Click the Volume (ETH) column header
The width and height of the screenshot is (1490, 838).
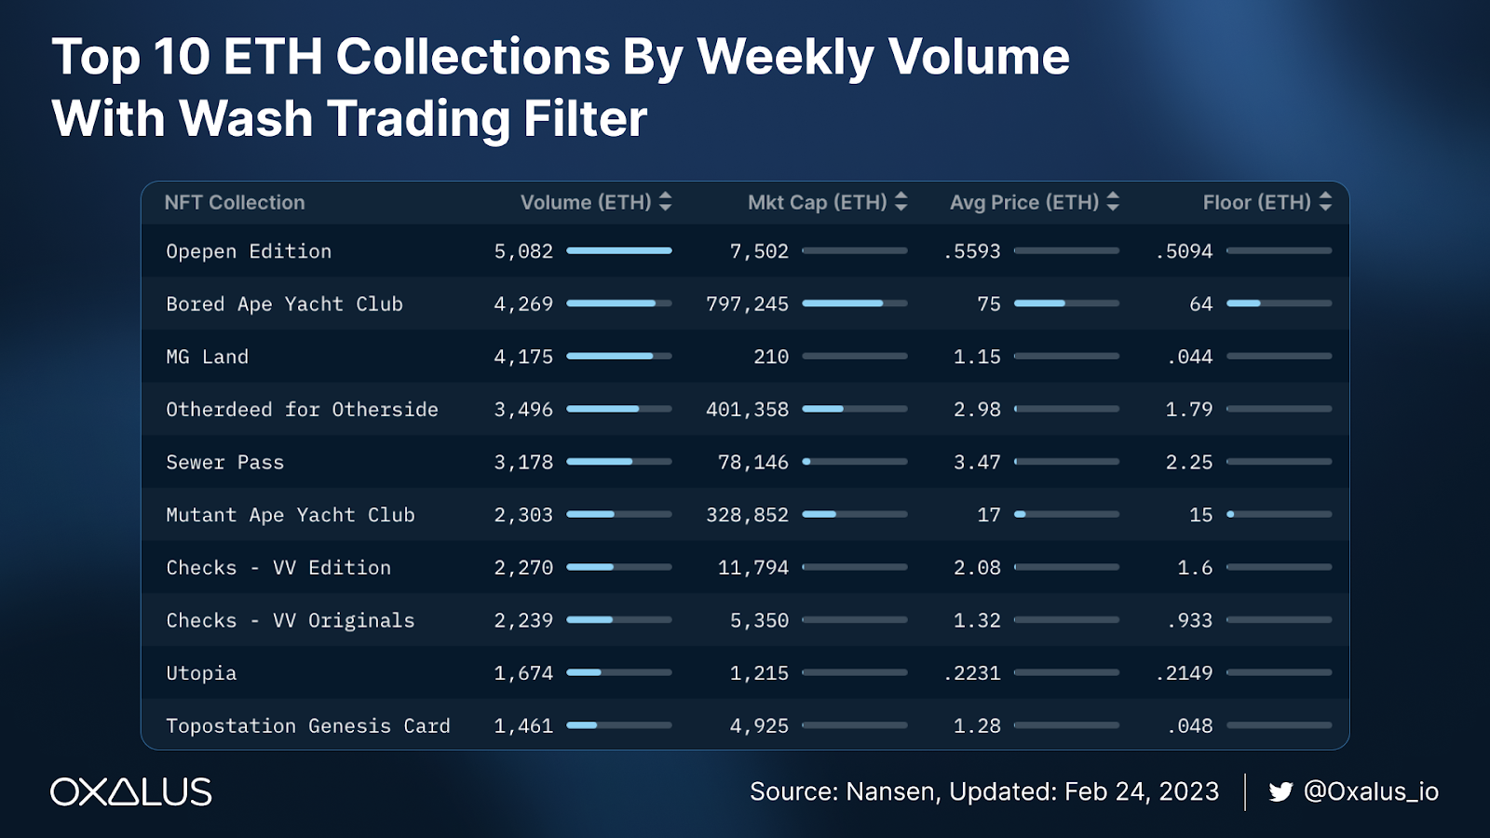point(586,202)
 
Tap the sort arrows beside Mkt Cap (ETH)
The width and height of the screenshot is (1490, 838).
point(901,201)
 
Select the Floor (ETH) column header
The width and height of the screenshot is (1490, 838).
point(1256,202)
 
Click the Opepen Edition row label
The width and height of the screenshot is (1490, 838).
point(249,251)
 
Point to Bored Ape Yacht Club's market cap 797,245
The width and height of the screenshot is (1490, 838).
point(747,304)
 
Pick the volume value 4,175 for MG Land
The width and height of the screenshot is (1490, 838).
point(523,357)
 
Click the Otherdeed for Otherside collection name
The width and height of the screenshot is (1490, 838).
point(302,410)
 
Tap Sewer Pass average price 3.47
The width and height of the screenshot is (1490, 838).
point(977,463)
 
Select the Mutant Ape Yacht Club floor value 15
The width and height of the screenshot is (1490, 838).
point(1200,515)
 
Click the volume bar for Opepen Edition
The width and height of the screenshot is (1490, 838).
point(618,250)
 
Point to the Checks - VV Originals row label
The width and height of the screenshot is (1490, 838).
point(291,621)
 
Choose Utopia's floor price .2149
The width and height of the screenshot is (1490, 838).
point(1184,673)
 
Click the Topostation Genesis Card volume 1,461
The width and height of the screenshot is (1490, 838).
point(523,726)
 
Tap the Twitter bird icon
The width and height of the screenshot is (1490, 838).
point(1280,791)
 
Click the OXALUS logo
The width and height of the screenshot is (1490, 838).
point(131,791)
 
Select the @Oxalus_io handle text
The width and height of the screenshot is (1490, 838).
point(1371,791)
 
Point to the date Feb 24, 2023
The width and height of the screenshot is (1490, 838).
point(1142,791)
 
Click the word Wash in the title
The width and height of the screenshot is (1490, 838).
point(246,119)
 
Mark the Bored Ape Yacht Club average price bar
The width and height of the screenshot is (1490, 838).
point(1066,304)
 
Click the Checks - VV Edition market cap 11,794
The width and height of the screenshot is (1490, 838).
point(752,568)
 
